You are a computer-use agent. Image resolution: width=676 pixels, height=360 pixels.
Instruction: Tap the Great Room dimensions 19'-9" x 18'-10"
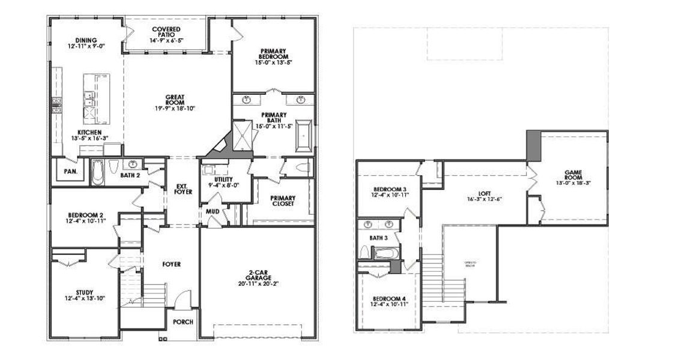tap(175, 109)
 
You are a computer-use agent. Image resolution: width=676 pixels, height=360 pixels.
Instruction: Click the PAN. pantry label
tap(69, 171)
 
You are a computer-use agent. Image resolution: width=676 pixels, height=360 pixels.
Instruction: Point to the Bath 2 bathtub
tap(97, 172)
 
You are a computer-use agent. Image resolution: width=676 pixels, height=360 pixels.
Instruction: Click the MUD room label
tap(213, 212)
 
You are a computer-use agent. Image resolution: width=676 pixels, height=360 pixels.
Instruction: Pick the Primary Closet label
tap(282, 200)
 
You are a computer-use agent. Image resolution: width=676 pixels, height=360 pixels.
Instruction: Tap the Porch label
tap(183, 322)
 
